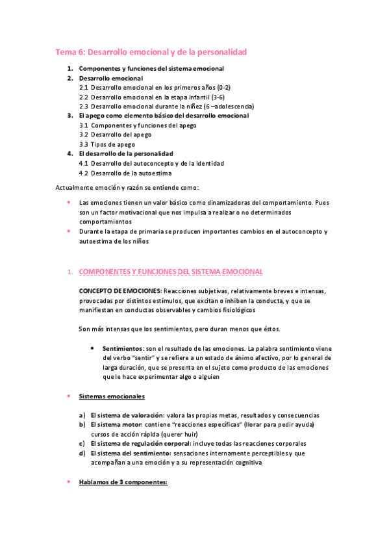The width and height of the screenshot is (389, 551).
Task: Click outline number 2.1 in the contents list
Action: (x=84, y=87)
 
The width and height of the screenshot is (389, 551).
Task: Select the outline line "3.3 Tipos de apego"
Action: (x=107, y=144)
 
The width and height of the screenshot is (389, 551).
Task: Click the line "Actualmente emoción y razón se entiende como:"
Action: (x=122, y=187)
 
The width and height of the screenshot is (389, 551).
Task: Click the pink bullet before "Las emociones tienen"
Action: (x=69, y=202)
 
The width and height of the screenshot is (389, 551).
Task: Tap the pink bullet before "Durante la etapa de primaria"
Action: (x=69, y=231)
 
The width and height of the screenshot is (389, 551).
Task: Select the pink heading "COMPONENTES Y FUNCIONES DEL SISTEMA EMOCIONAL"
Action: (x=171, y=271)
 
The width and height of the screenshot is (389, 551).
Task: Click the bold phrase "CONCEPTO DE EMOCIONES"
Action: (x=121, y=290)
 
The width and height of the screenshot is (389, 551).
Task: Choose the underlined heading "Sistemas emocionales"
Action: (x=112, y=396)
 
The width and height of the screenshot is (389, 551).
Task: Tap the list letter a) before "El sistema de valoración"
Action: (x=82, y=415)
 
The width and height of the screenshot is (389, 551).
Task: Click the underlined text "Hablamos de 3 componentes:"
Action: (x=123, y=482)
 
